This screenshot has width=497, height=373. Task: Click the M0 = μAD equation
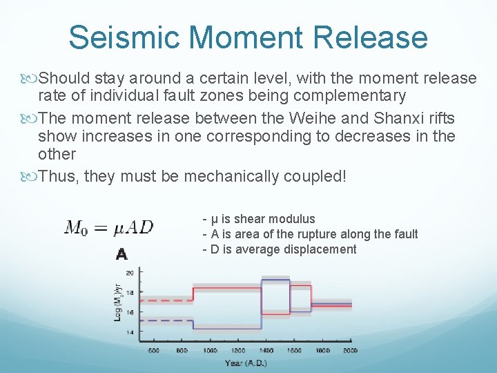tap(109, 227)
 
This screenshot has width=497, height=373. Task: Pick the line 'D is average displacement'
tap(283, 249)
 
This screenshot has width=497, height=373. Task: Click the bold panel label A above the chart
tap(122, 254)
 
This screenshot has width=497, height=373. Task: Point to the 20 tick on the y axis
tap(130, 274)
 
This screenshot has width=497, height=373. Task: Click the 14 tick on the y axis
tap(130, 332)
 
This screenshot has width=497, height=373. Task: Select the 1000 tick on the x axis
tap(210, 351)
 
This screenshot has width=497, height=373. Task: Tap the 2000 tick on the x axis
tap(351, 351)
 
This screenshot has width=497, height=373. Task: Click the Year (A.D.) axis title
tap(245, 363)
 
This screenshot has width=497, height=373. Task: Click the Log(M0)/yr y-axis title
tap(118, 304)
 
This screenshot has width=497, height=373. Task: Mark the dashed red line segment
tap(166, 300)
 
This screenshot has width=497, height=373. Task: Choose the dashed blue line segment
tap(166, 321)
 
